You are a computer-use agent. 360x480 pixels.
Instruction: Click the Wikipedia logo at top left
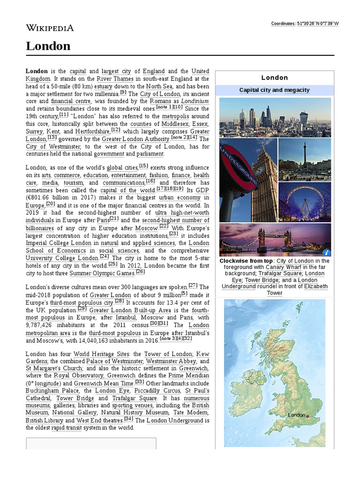pyautogui.click(x=50, y=28)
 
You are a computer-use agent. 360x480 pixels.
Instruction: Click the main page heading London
pyautogui.click(x=48, y=46)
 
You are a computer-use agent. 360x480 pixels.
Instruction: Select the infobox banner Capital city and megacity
pyautogui.click(x=274, y=90)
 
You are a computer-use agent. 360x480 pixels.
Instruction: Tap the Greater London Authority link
pyautogui.click(x=136, y=139)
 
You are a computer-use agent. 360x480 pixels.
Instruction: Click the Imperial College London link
pyautogui.click(x=58, y=243)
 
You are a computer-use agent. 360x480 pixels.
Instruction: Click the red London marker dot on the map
pyautogui.click(x=307, y=416)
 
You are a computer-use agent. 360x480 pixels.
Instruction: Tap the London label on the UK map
pyautogui.click(x=296, y=415)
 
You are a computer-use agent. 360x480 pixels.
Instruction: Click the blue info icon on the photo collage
pyautogui.click(x=326, y=253)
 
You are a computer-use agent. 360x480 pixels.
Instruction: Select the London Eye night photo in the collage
pyautogui.click(x=305, y=202)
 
